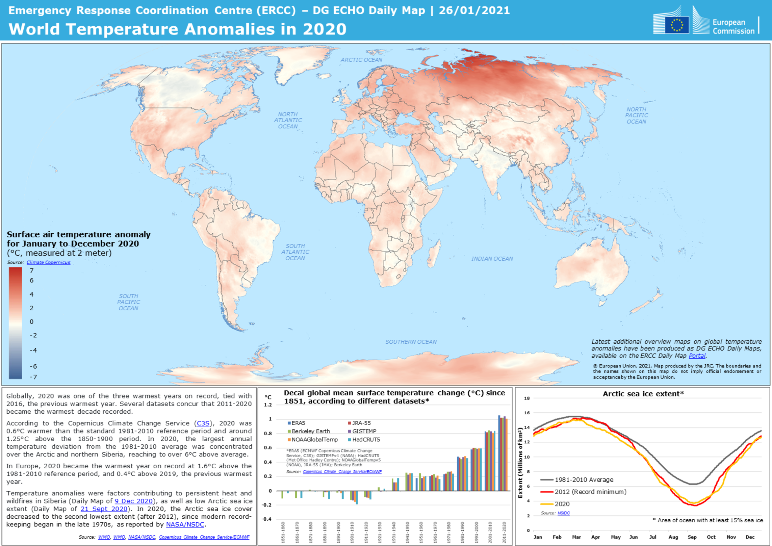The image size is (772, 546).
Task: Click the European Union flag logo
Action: click(676, 25)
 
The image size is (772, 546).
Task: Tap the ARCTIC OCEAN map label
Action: click(361, 60)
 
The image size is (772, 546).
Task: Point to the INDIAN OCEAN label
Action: click(492, 259)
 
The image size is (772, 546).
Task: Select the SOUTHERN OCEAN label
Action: click(411, 342)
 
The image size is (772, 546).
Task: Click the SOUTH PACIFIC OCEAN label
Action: click(128, 302)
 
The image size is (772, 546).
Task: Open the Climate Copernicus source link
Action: click(48, 262)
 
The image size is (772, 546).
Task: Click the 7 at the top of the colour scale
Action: click(32, 270)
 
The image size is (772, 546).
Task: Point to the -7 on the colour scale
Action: click(33, 377)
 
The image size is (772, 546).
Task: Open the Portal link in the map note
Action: click(697, 356)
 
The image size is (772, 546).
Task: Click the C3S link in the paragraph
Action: click(203, 423)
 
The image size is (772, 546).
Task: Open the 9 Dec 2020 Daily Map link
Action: click(134, 501)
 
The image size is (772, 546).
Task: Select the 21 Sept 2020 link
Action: click(104, 509)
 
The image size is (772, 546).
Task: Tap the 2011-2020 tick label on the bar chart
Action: click(504, 532)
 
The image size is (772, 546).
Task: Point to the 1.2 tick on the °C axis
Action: click(268, 405)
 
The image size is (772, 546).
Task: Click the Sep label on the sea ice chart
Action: click(692, 537)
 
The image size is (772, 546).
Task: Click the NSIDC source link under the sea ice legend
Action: click(563, 513)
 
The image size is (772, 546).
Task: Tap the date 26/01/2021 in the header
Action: click(474, 10)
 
